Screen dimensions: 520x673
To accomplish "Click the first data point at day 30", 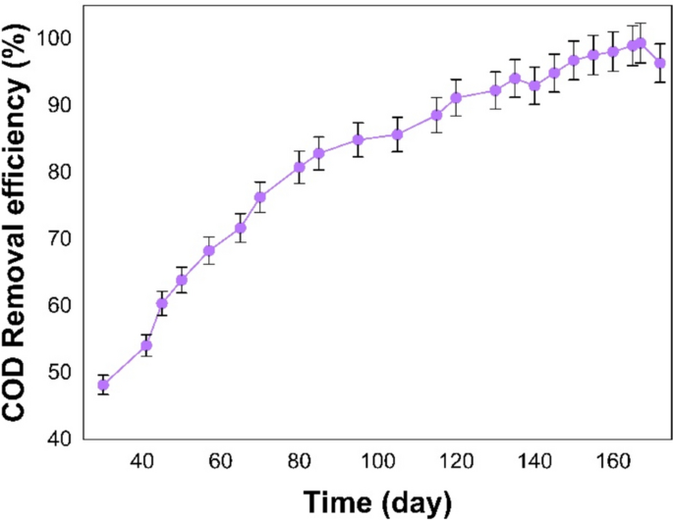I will point(103,385).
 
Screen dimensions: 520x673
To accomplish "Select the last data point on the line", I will point(660,63).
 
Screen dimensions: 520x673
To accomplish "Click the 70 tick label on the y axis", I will point(57,237).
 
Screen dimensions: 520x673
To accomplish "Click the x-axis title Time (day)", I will point(378,501).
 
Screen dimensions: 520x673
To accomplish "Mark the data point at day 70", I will point(260,197).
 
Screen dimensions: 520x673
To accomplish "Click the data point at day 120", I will point(456,97).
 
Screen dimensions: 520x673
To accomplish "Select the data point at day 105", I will point(397,134).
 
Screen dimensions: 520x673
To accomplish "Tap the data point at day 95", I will point(359,139).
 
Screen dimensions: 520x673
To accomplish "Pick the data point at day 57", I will point(209,250).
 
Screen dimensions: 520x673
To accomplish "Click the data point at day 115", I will point(436,115).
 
